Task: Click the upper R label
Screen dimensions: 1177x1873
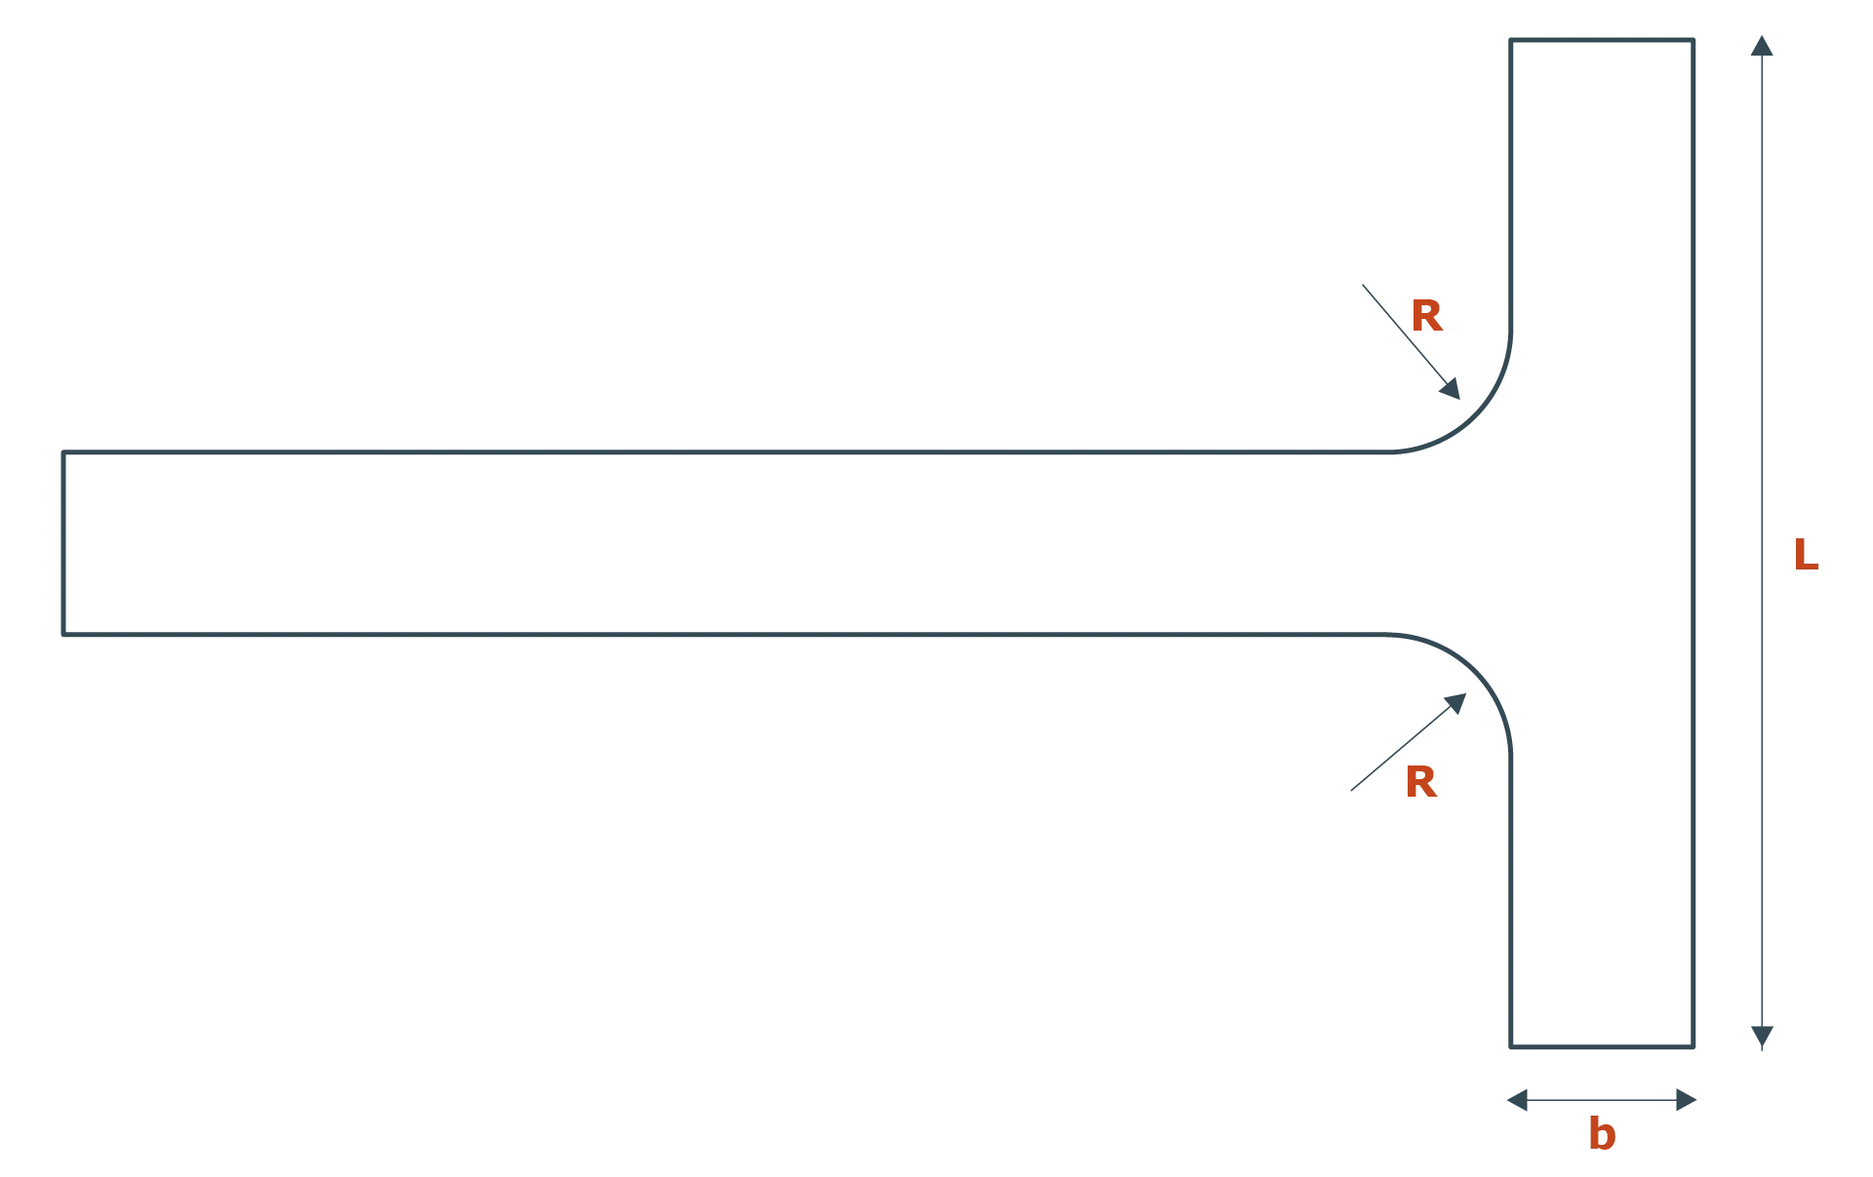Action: [x=1426, y=317]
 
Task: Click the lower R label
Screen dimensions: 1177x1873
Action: [x=1422, y=783]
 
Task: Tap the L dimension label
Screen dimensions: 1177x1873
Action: [x=1808, y=555]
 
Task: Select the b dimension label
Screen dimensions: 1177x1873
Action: [x=1601, y=1136]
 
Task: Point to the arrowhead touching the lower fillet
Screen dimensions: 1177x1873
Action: [x=1456, y=701]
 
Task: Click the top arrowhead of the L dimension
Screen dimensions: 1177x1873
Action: [x=1761, y=46]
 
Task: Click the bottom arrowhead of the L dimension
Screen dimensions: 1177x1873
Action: [x=1761, y=1036]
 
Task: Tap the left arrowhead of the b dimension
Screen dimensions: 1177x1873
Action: [x=1519, y=1101]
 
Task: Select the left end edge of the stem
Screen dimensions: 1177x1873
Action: [x=62, y=542]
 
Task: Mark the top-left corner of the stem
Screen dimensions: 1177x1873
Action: [x=62, y=452]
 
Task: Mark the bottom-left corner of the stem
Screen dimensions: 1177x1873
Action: [x=62, y=634]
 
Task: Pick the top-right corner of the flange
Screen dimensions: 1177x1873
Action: [x=1694, y=39]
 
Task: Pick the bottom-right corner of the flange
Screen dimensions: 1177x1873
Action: [x=1694, y=1045]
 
